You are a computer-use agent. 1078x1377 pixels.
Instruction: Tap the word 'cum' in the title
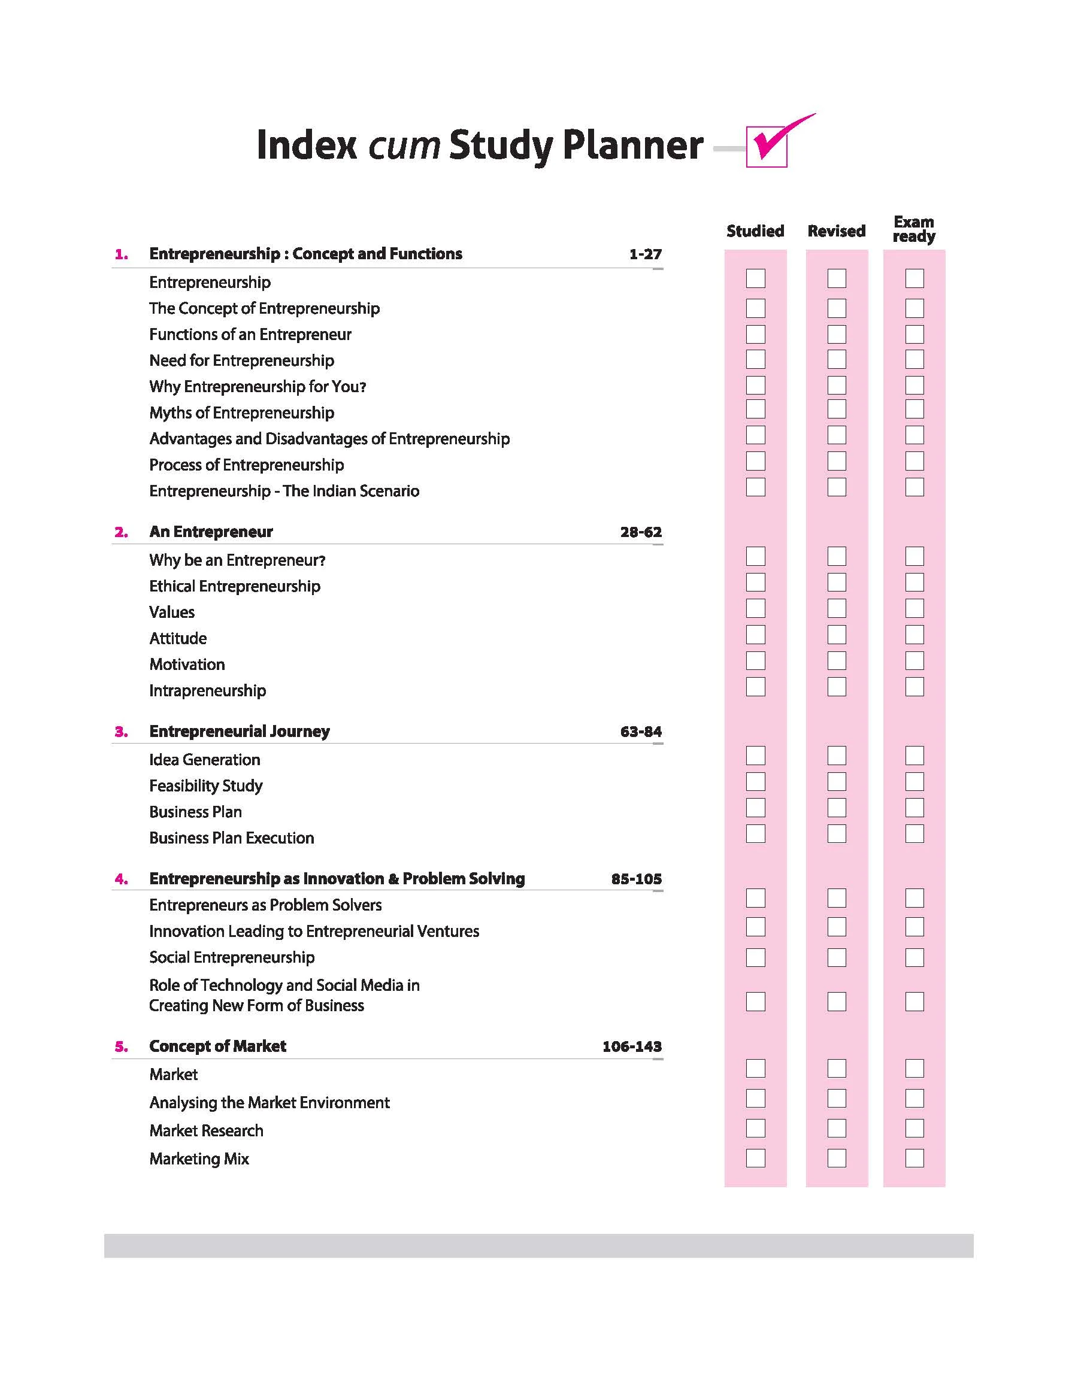404,145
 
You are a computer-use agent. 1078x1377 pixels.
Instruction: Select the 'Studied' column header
755,231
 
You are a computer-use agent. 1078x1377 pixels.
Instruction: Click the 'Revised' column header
836,231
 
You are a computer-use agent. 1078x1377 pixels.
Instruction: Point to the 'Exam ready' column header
914,229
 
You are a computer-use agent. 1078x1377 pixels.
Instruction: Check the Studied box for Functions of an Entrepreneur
755,333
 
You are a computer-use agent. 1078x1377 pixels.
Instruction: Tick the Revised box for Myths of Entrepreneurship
837,409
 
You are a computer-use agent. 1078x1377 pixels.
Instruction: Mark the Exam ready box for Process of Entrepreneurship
915,461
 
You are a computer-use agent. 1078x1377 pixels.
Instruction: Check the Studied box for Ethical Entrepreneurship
755,582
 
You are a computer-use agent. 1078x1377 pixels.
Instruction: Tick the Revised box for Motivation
837,660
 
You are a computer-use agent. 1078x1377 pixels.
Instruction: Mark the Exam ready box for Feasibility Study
915,781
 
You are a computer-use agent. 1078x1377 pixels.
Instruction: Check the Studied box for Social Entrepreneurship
755,957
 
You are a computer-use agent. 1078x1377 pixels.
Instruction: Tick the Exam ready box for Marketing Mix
915,1158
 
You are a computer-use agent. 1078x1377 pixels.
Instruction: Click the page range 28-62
641,532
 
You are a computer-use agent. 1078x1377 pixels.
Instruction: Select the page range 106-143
632,1047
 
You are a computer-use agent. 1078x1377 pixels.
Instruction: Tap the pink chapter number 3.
121,732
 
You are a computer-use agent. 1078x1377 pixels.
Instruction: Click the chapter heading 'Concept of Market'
218,1046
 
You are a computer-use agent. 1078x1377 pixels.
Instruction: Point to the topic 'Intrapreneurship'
208,690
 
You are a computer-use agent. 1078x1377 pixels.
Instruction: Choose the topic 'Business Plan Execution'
232,838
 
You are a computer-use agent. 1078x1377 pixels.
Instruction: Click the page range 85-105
636,879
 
